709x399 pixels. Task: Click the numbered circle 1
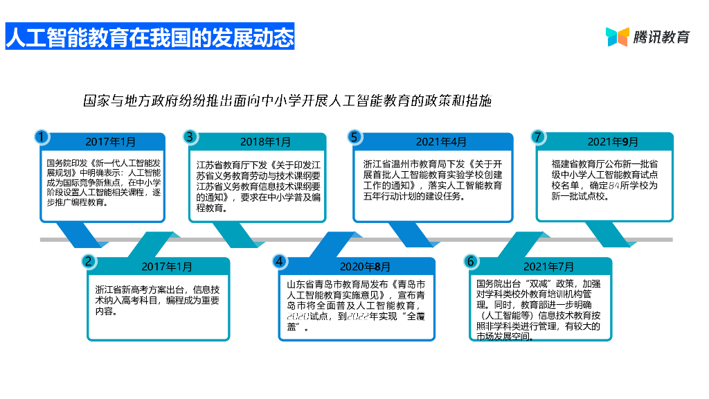tap(42, 136)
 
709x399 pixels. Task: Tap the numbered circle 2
tap(88, 261)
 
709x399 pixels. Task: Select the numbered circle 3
tap(190, 136)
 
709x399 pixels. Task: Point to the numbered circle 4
tap(279, 261)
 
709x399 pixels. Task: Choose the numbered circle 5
tap(354, 136)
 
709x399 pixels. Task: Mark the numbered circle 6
tap(471, 261)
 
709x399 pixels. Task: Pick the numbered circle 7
tap(537, 136)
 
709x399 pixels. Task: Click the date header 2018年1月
tap(265, 142)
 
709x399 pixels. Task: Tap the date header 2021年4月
tap(441, 142)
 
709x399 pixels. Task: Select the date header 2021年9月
tap(613, 142)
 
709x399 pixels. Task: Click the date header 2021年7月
tap(548, 267)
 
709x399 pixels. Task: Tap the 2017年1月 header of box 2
tap(167, 267)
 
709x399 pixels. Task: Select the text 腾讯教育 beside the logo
tap(662, 37)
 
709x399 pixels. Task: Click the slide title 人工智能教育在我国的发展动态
tap(150, 37)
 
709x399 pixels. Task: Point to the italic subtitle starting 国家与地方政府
tap(287, 100)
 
